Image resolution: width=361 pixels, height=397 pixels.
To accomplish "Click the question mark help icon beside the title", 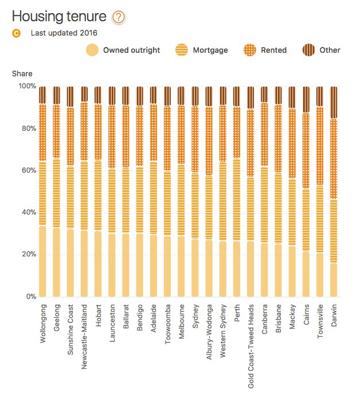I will pos(118,17).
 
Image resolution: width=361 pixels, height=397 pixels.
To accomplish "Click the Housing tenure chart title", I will pos(60,17).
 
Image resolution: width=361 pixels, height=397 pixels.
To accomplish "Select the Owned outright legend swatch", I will pos(91,50).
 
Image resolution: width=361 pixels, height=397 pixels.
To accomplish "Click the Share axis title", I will pos(22,73).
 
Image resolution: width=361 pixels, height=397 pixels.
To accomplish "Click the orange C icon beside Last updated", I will pos(16,33).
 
